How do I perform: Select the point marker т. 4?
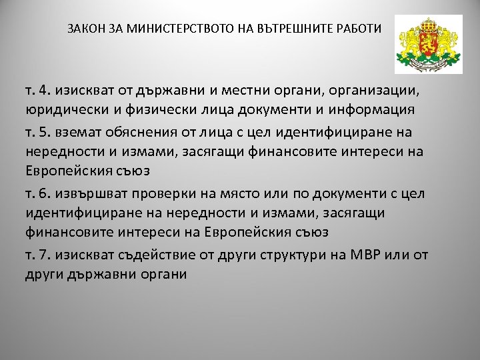pos(37,89)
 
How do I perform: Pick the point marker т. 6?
pos(37,193)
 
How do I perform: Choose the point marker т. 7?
pos(37,255)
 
